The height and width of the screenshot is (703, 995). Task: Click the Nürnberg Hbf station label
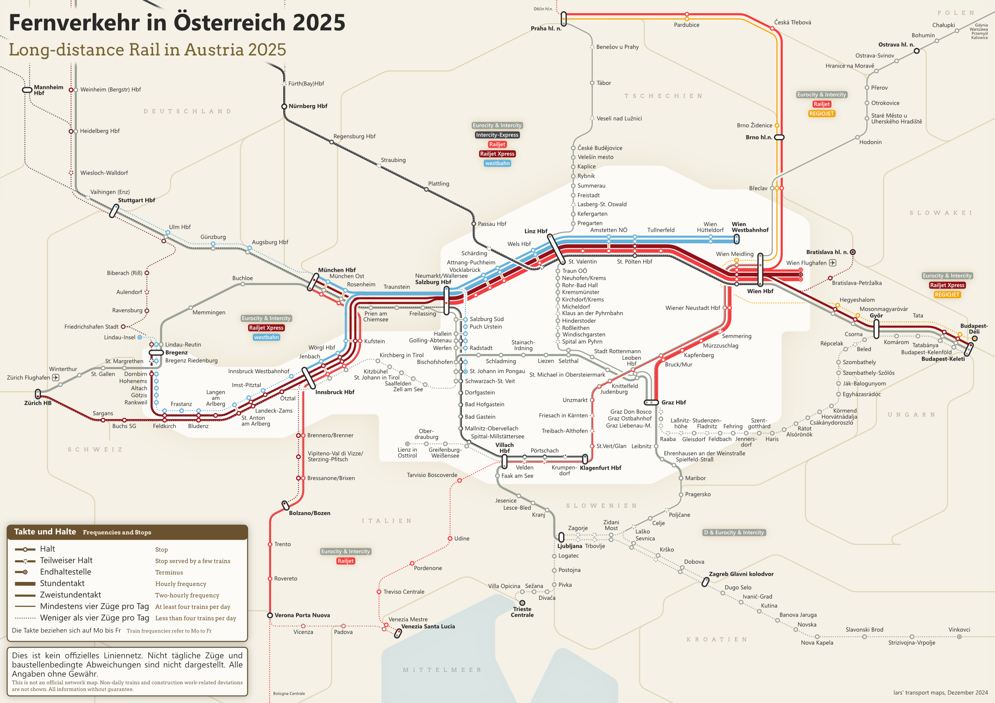(x=308, y=106)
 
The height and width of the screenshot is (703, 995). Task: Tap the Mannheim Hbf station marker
(x=27, y=90)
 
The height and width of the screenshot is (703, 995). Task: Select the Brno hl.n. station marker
(x=779, y=137)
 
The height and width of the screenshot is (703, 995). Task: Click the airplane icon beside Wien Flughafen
(x=833, y=263)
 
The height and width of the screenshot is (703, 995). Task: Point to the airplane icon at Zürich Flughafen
(x=56, y=378)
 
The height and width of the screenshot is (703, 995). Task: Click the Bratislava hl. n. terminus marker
(x=853, y=252)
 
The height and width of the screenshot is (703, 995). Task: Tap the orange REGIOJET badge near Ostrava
(x=821, y=114)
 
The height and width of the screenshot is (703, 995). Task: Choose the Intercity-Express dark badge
(x=497, y=135)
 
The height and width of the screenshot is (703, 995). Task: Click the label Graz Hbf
(x=673, y=402)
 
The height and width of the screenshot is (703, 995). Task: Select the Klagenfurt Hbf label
(x=600, y=468)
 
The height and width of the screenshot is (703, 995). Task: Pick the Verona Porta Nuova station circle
(x=270, y=615)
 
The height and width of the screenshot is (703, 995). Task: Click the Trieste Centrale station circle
(x=522, y=603)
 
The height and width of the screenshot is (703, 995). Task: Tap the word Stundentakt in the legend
(x=62, y=584)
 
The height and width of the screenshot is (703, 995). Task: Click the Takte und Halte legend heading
(x=45, y=531)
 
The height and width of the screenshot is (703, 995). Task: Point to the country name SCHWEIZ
(x=95, y=450)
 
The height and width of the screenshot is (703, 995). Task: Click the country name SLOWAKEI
(x=941, y=212)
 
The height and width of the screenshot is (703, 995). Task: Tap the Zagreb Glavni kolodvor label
(x=741, y=574)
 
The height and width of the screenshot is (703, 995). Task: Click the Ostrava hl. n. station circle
(x=916, y=51)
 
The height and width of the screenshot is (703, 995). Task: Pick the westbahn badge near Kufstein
(x=266, y=337)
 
